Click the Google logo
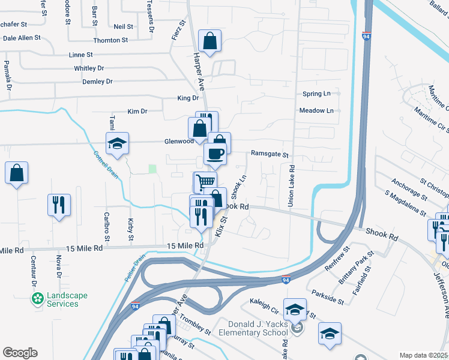click(20, 353)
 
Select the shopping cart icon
click(205, 181)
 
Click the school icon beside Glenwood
click(117, 143)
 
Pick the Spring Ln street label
click(316, 94)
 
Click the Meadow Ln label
click(316, 111)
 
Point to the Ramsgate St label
click(270, 154)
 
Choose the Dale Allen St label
click(22, 37)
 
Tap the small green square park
click(152, 169)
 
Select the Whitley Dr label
click(89, 68)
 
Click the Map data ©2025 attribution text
click(424, 355)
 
